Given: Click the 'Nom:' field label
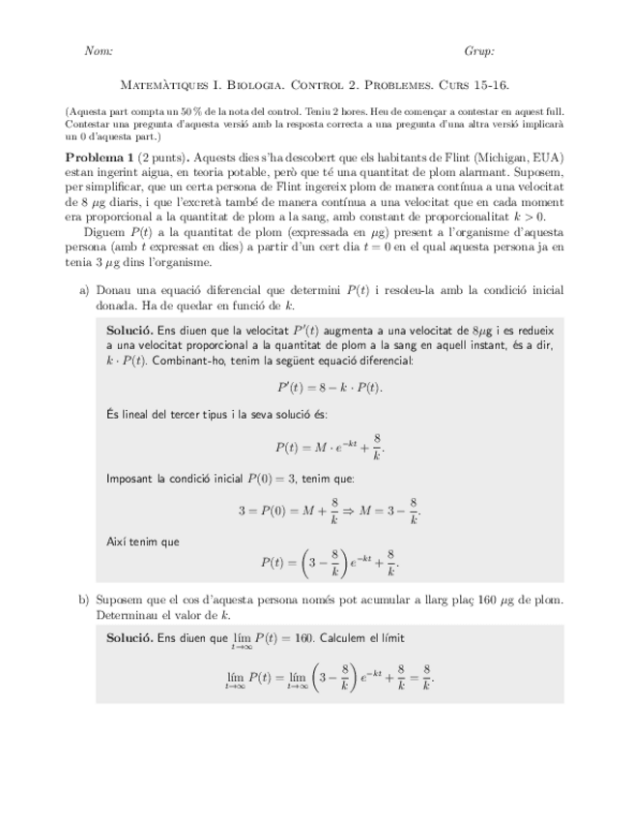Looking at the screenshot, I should point(100,51).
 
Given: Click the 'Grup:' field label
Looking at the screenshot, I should point(479,51).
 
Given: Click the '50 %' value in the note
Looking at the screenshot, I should point(166,112).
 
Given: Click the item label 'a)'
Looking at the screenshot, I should point(83,290).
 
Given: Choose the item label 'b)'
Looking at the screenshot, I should point(83,600).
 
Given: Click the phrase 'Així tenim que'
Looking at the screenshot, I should point(143,542).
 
